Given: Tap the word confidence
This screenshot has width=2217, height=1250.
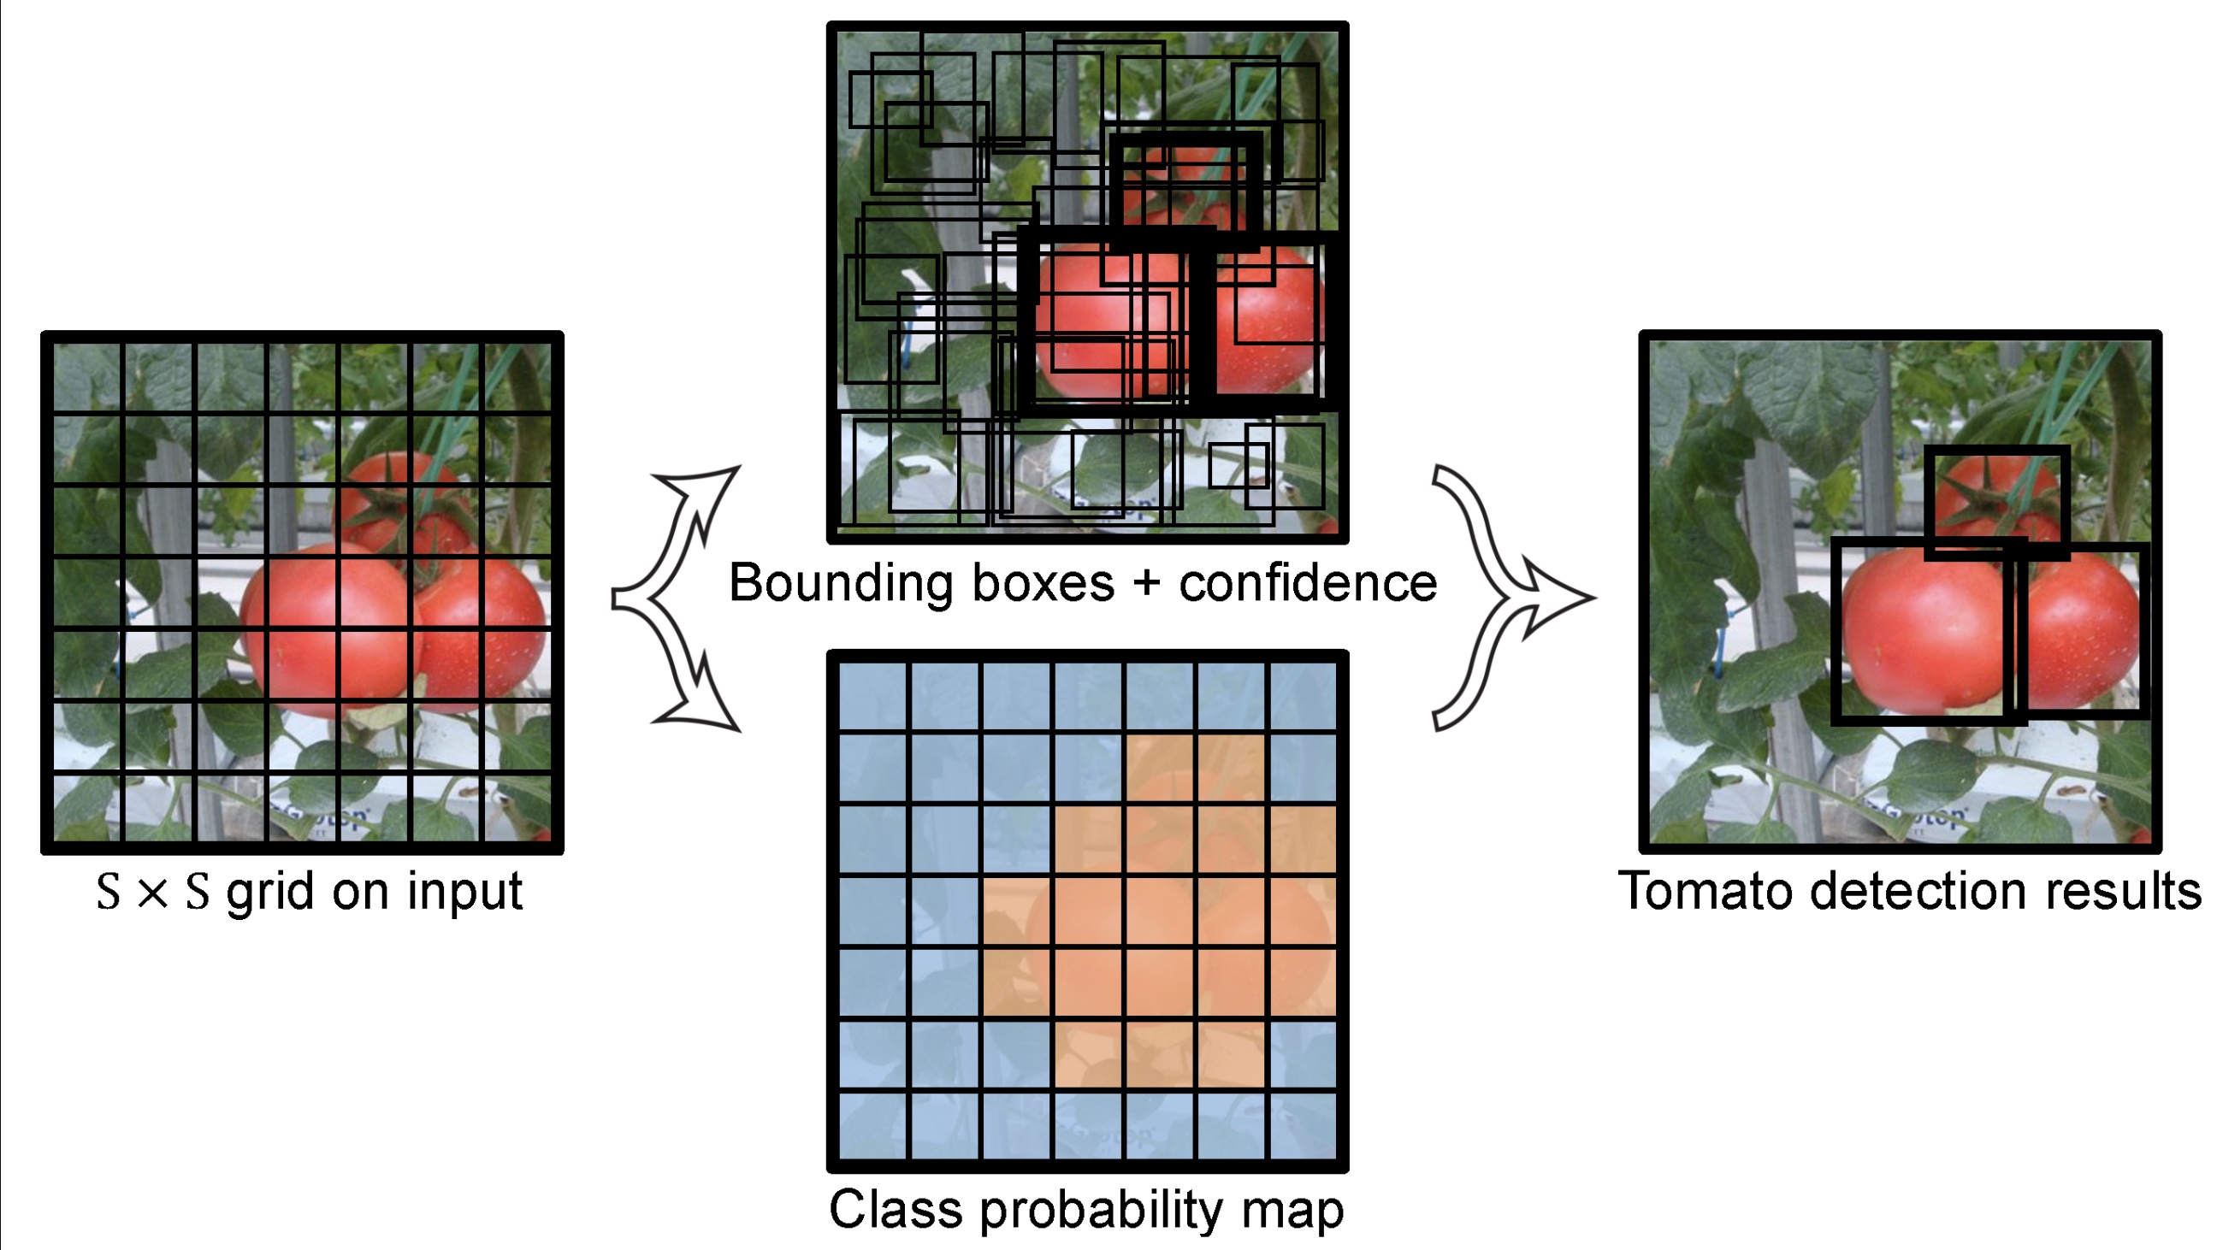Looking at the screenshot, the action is point(1308,583).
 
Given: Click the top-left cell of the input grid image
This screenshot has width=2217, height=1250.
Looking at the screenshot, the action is point(87,379).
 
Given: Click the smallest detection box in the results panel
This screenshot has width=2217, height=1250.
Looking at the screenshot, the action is point(1996,504).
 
